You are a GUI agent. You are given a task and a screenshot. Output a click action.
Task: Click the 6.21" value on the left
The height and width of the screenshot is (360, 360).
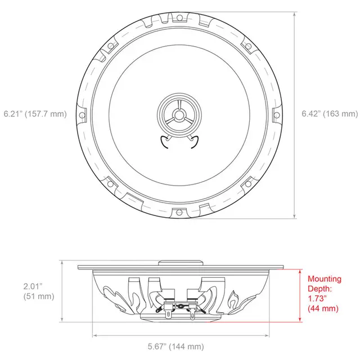(x=12, y=114)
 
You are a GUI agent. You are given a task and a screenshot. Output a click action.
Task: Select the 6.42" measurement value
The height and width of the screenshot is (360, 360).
(x=311, y=114)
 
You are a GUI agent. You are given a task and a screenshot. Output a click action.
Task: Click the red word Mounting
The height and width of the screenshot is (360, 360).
(x=324, y=279)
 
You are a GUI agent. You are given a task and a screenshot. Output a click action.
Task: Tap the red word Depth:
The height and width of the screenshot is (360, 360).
(x=319, y=289)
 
